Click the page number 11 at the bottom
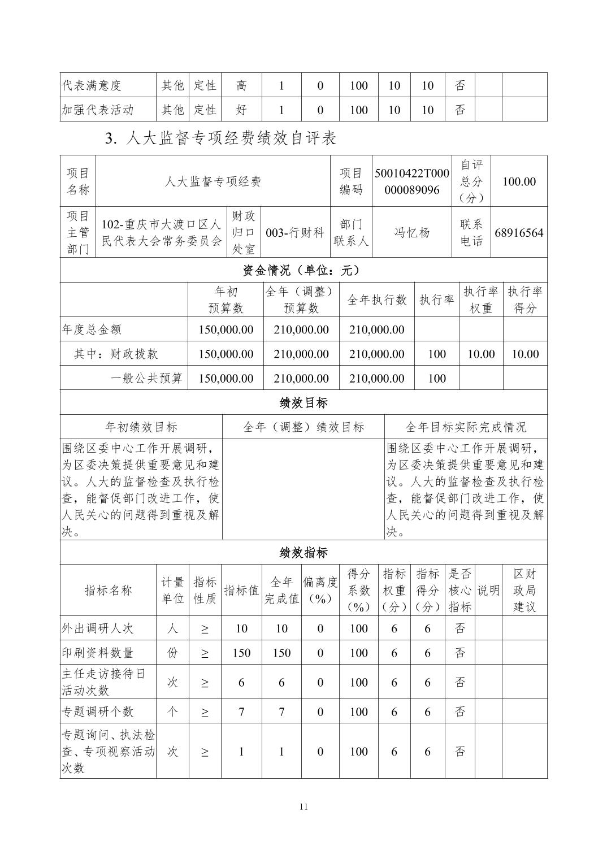click(303, 806)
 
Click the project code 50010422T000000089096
click(411, 181)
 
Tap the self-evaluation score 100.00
click(519, 181)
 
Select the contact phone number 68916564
click(519, 233)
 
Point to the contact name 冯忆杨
click(411, 233)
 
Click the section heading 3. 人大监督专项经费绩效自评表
click(220, 138)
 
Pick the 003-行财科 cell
click(294, 233)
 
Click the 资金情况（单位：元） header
click(303, 271)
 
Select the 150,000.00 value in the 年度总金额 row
click(226, 329)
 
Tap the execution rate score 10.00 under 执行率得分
click(524, 354)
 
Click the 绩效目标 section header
click(303, 403)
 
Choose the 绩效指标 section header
click(303, 553)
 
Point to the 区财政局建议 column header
click(524, 591)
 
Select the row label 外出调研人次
click(97, 628)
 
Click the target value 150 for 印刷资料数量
click(241, 653)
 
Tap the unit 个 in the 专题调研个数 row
click(172, 712)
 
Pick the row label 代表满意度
click(92, 86)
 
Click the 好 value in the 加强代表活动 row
click(241, 110)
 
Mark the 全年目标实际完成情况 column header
click(465, 427)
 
